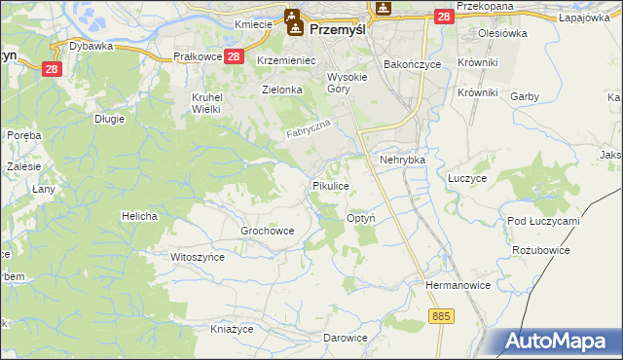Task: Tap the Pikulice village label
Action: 330,185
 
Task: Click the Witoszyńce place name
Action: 198,257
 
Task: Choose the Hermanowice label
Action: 456,285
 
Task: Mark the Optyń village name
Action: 362,219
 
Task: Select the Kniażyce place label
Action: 232,328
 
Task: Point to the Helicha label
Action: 139,215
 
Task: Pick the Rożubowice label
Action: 540,250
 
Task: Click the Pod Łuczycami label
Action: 543,221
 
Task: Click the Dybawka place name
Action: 92,46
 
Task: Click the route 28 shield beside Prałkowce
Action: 234,57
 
